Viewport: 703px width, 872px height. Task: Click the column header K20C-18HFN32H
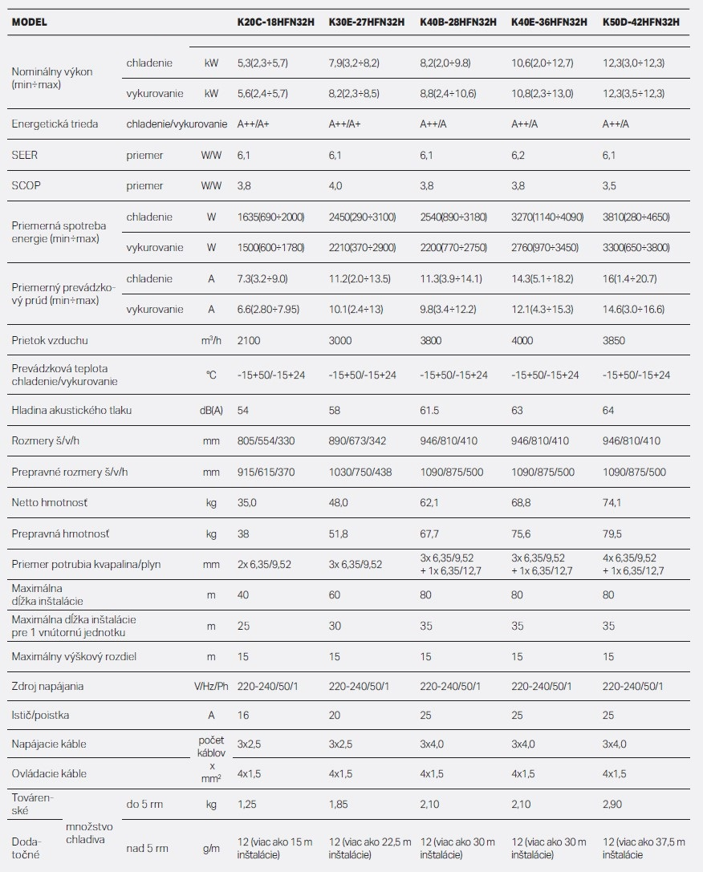(x=276, y=22)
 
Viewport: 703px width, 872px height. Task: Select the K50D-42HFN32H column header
(x=641, y=22)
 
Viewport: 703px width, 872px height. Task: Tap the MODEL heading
(x=30, y=22)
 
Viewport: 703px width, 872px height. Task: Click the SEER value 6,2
(x=518, y=155)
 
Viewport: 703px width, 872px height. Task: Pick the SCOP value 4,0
(x=335, y=186)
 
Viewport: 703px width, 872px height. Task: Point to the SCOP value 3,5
(x=609, y=186)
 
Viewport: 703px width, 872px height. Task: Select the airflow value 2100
(x=249, y=340)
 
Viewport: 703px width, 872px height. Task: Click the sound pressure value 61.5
(x=429, y=411)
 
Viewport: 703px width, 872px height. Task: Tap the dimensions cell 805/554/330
(x=266, y=441)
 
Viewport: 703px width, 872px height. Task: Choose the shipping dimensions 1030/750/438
(x=360, y=473)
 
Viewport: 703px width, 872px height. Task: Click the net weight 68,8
(x=521, y=503)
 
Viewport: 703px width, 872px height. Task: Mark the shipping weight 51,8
(x=338, y=534)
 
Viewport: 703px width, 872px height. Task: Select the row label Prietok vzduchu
(x=50, y=340)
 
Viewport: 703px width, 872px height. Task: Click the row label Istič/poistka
(x=40, y=716)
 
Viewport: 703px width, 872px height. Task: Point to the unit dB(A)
(x=211, y=411)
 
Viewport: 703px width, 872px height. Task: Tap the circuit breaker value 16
(x=243, y=716)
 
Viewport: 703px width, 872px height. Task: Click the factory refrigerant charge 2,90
(x=612, y=804)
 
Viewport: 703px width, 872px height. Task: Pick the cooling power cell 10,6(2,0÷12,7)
(x=542, y=63)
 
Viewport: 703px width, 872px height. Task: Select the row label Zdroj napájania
(x=47, y=686)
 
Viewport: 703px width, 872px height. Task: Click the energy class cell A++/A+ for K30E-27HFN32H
(x=345, y=124)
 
